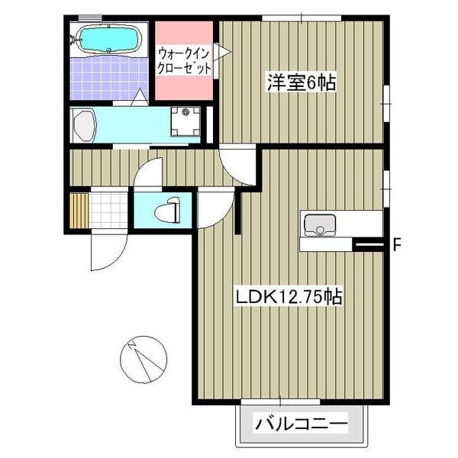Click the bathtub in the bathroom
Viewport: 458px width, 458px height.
[108, 39]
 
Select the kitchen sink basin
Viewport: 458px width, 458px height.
[320, 225]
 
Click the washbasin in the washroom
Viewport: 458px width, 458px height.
[85, 126]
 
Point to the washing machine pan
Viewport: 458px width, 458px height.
[185, 121]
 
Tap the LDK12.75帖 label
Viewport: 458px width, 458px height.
[289, 298]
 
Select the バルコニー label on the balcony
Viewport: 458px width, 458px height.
[302, 423]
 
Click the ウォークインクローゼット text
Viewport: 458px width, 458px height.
[184, 61]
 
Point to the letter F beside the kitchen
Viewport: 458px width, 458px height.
[396, 244]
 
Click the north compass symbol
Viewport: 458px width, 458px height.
[144, 360]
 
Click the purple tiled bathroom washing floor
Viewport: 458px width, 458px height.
[109, 77]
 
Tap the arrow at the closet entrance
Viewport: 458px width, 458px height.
[223, 52]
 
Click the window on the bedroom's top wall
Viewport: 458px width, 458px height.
[302, 18]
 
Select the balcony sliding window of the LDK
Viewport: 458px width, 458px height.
[280, 402]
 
